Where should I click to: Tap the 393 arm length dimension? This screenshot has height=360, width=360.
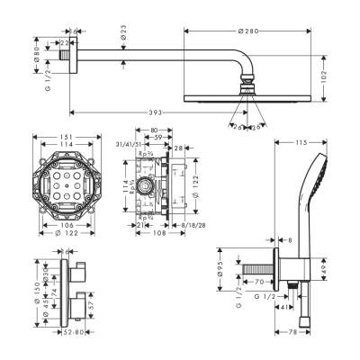click(x=157, y=113)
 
